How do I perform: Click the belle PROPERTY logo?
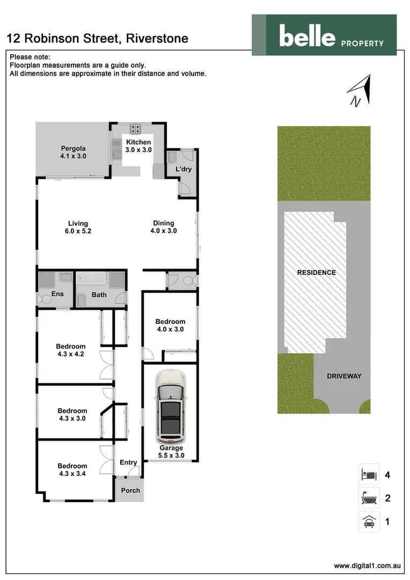tap(324, 34)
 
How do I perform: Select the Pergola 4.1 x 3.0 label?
tap(73, 153)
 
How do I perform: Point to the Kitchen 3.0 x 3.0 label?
tap(138, 146)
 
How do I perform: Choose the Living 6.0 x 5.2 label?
tap(78, 227)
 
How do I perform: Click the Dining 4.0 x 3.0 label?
tap(163, 227)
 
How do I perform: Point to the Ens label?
tap(57, 294)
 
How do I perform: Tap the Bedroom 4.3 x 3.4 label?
tap(72, 470)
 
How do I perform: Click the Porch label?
tap(130, 490)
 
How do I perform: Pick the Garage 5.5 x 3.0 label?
tap(171, 452)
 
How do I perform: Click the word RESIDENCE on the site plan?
tap(317, 273)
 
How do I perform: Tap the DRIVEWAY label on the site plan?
tap(344, 376)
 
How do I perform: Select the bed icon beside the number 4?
tap(369, 474)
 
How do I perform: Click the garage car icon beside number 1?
tap(369, 521)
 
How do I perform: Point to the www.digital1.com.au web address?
tap(368, 565)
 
